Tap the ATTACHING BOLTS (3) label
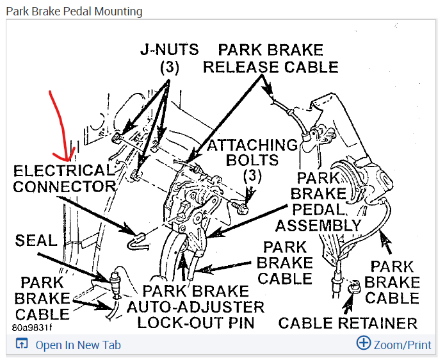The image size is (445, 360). tap(251, 160)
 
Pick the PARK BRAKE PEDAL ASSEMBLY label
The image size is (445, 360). tap(318, 201)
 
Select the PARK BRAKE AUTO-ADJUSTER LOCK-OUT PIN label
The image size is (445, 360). tap(195, 306)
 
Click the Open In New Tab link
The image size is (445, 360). tap(77, 345)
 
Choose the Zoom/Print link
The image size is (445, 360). tap(401, 345)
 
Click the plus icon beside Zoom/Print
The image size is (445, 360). tap(363, 343)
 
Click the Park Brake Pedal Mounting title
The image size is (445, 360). tap(74, 12)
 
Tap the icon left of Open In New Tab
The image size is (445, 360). tap(22, 344)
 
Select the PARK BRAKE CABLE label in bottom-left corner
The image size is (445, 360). tap(42, 298)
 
